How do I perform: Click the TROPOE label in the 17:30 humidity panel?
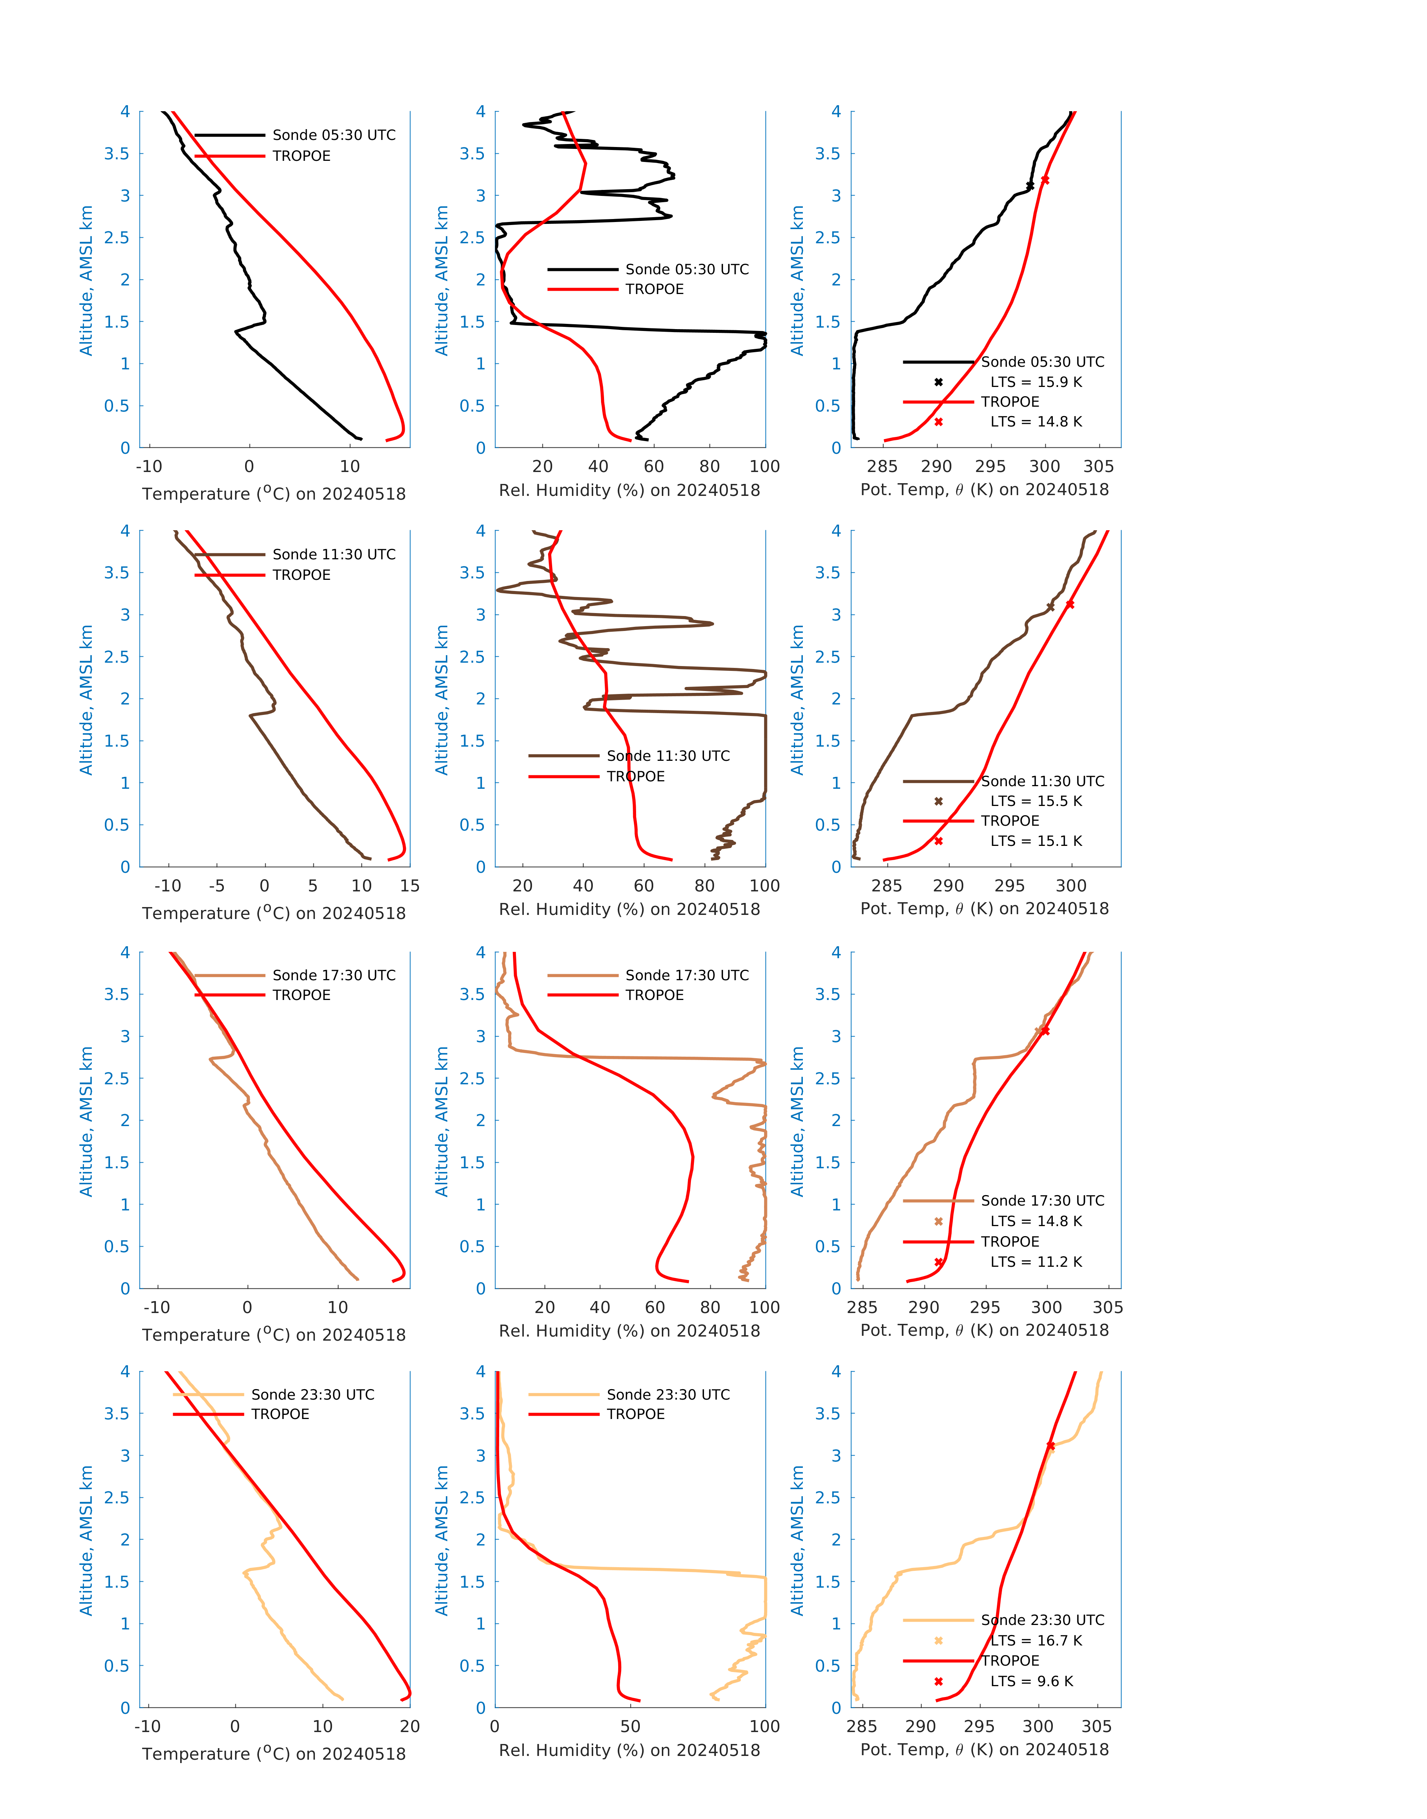tap(654, 995)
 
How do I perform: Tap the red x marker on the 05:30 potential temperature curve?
tap(1045, 179)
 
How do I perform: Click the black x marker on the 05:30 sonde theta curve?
tap(1030, 185)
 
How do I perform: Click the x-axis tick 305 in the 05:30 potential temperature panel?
tap(1099, 466)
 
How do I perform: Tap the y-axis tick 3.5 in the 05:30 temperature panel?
tap(117, 154)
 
